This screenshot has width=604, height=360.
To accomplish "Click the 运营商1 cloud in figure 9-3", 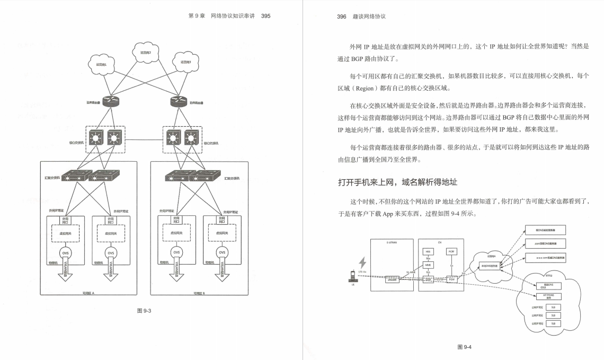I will coord(101,64).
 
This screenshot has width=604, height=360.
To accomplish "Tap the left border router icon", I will coord(110,100).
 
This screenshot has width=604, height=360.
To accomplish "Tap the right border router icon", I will coord(178,100).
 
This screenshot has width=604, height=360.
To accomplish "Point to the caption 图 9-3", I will coord(144,311).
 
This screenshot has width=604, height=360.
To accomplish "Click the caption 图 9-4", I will coord(464,347).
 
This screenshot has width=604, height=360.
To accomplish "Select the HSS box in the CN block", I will coord(428,251).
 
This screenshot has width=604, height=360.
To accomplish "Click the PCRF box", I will coord(451,251).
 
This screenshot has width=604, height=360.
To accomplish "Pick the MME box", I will coord(428,265).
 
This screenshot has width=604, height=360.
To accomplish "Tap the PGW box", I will coord(451,278).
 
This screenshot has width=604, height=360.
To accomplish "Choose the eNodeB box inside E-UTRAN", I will coord(393,278).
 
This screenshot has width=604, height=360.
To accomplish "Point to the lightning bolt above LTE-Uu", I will coord(363,263).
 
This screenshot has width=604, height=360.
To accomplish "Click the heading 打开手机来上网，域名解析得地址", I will coord(397,182).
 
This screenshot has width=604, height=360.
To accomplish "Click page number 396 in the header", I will coord(342,16).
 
